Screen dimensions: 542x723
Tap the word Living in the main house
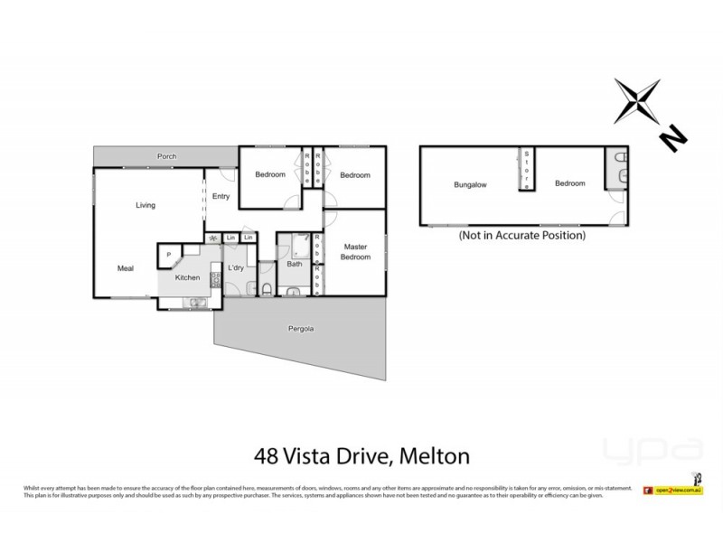pyautogui.click(x=146, y=205)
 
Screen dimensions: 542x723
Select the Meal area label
pyautogui.click(x=126, y=267)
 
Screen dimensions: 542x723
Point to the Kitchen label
pyautogui.click(x=187, y=277)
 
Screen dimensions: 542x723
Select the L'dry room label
pyautogui.click(x=236, y=267)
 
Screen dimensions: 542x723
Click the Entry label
pyautogui.click(x=221, y=195)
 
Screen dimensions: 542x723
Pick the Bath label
pyautogui.click(x=295, y=265)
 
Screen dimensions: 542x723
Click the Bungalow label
pyautogui.click(x=470, y=184)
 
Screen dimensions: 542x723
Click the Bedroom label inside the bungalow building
pyautogui.click(x=569, y=183)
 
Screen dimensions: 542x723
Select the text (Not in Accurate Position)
pyautogui.click(x=522, y=235)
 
